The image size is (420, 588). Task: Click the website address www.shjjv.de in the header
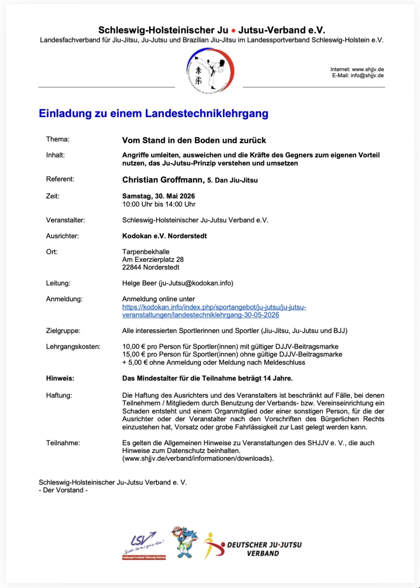(368, 69)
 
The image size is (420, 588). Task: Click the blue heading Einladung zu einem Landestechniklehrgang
(153, 113)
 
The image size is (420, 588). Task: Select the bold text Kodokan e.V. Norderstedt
(164, 236)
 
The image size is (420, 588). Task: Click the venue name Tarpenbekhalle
(146, 252)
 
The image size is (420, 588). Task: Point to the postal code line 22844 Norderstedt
(151, 267)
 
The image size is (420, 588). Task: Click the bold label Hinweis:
(60, 379)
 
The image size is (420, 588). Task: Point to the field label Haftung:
(59, 395)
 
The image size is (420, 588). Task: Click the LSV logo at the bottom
(144, 545)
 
